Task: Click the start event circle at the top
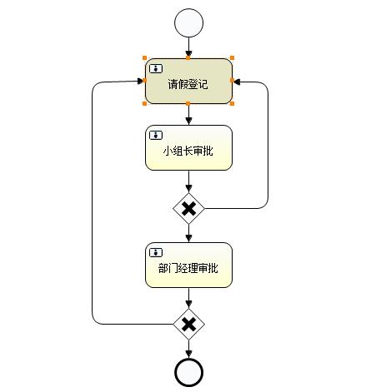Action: pos(188,22)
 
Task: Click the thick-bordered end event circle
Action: pos(188,372)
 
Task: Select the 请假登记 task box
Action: pos(188,81)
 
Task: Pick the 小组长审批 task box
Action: pos(188,147)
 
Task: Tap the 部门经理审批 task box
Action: pos(188,265)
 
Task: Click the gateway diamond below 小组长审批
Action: pos(188,208)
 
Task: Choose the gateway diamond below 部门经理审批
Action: pos(188,324)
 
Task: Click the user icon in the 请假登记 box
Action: pos(156,68)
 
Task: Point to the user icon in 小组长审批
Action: pos(156,136)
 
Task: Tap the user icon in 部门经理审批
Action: pos(156,253)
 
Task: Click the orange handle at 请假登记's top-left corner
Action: pos(144,58)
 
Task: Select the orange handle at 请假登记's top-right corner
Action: pos(233,58)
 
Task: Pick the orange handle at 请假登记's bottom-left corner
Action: pos(144,104)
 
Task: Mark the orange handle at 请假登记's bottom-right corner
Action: pos(233,104)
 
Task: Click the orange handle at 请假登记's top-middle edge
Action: pos(188,57)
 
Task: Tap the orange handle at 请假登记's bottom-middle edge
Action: pos(188,104)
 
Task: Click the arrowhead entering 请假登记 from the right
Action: pos(237,82)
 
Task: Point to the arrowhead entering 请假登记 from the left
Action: pos(141,81)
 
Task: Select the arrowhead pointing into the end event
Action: pos(188,354)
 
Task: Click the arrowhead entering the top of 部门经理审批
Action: pos(188,238)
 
